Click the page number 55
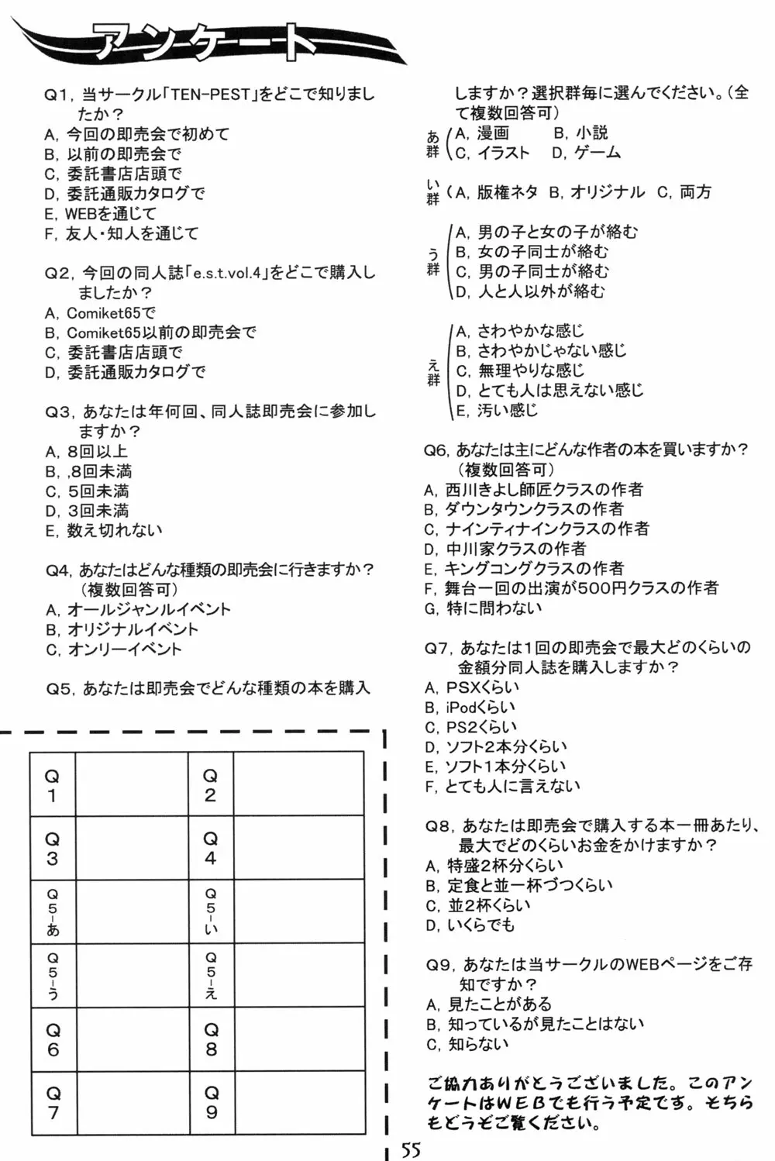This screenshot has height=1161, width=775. click(x=412, y=1149)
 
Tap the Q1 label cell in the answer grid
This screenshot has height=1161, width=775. click(x=53, y=784)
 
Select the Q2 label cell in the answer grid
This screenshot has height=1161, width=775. click(x=210, y=784)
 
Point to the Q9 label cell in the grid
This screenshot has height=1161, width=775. click(x=211, y=1102)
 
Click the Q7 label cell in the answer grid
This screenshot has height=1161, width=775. click(x=53, y=1102)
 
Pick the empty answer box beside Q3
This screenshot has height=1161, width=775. click(x=131, y=848)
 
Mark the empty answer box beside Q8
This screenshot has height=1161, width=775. click(x=298, y=1039)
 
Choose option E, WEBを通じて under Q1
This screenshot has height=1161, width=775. click(x=101, y=213)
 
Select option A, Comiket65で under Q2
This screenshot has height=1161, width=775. click(x=101, y=313)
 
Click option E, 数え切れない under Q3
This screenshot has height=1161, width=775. click(x=104, y=530)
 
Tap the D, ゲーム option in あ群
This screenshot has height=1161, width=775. click(x=587, y=153)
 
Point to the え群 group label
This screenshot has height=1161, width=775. click(x=433, y=372)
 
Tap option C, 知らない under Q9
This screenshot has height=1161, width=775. click(x=467, y=1044)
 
